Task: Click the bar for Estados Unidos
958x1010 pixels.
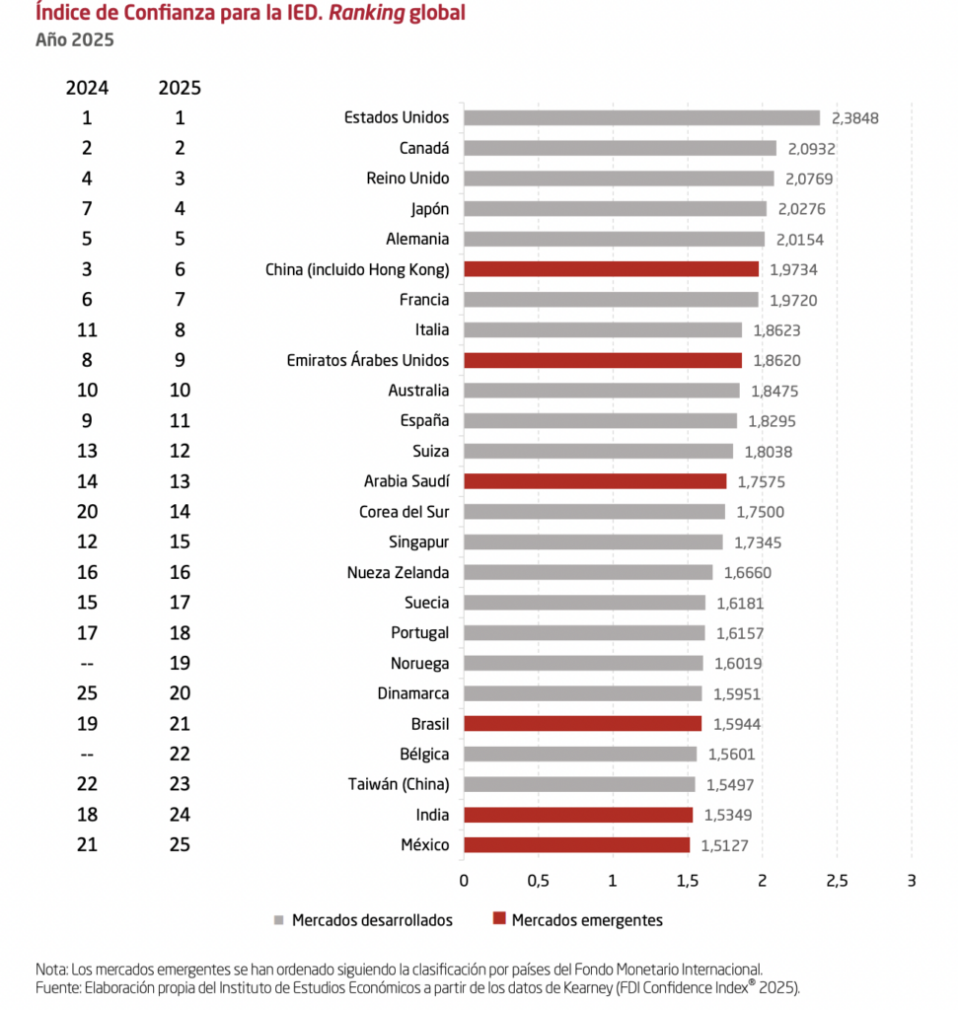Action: click(641, 118)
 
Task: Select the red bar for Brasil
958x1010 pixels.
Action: click(582, 724)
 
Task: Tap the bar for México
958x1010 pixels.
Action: click(576, 845)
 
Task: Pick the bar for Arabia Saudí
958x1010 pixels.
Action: click(595, 481)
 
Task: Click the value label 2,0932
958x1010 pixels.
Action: click(812, 149)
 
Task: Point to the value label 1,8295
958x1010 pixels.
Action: click(772, 421)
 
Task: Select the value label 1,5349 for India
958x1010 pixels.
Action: click(728, 815)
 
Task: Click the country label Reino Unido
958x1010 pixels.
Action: click(407, 179)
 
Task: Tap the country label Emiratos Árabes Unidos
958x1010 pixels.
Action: click(368, 360)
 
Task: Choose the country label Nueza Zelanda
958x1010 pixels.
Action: click(399, 573)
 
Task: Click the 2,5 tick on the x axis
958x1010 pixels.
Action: click(837, 881)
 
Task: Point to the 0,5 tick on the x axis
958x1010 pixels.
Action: click(538, 881)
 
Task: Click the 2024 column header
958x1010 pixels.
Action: click(87, 88)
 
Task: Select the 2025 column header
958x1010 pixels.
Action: click(180, 88)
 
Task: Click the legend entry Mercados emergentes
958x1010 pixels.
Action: click(578, 920)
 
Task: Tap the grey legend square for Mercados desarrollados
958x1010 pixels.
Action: click(279, 920)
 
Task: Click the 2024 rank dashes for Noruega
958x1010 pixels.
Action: click(87, 664)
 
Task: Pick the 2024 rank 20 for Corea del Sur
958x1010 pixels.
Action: click(87, 512)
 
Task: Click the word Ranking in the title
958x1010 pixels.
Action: click(367, 13)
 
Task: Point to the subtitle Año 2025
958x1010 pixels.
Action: click(75, 39)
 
